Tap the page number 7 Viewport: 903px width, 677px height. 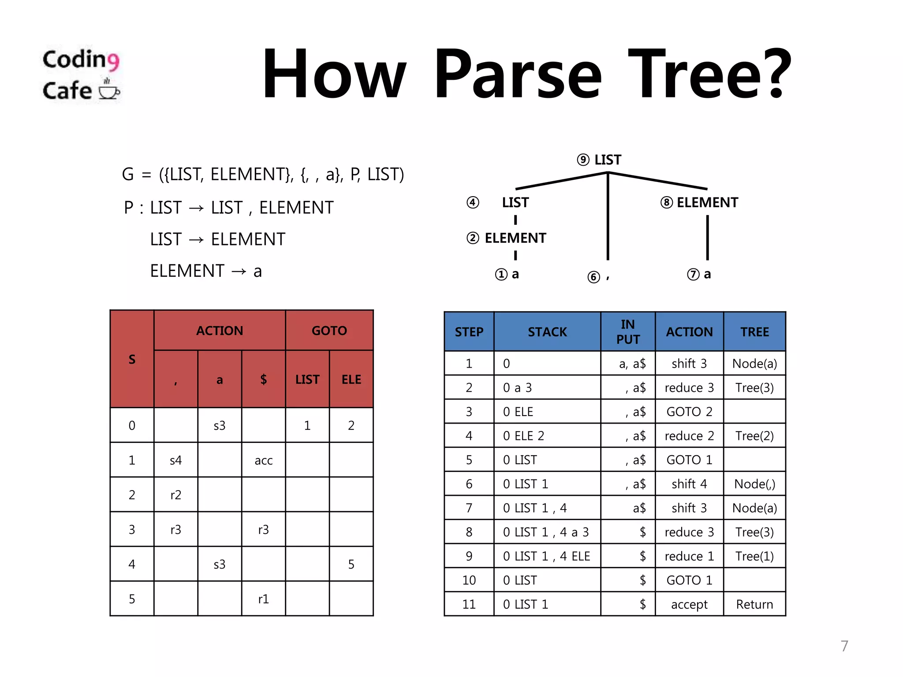click(844, 646)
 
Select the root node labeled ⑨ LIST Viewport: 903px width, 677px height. click(599, 160)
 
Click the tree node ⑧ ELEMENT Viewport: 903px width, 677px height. click(699, 202)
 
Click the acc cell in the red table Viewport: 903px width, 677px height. click(263, 460)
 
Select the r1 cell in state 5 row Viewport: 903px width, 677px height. click(263, 599)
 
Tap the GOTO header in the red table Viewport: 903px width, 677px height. click(329, 331)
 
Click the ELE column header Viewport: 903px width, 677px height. click(351, 379)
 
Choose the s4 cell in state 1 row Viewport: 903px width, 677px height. click(175, 460)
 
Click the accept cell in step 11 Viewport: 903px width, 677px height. click(689, 604)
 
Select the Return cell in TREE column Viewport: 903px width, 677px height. click(754, 604)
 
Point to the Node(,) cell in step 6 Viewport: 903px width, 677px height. click(754, 484)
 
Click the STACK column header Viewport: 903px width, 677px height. click(547, 332)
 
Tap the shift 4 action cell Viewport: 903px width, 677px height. click(689, 484)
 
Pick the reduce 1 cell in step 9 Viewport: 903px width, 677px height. click(689, 556)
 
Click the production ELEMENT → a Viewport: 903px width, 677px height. click(206, 271)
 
